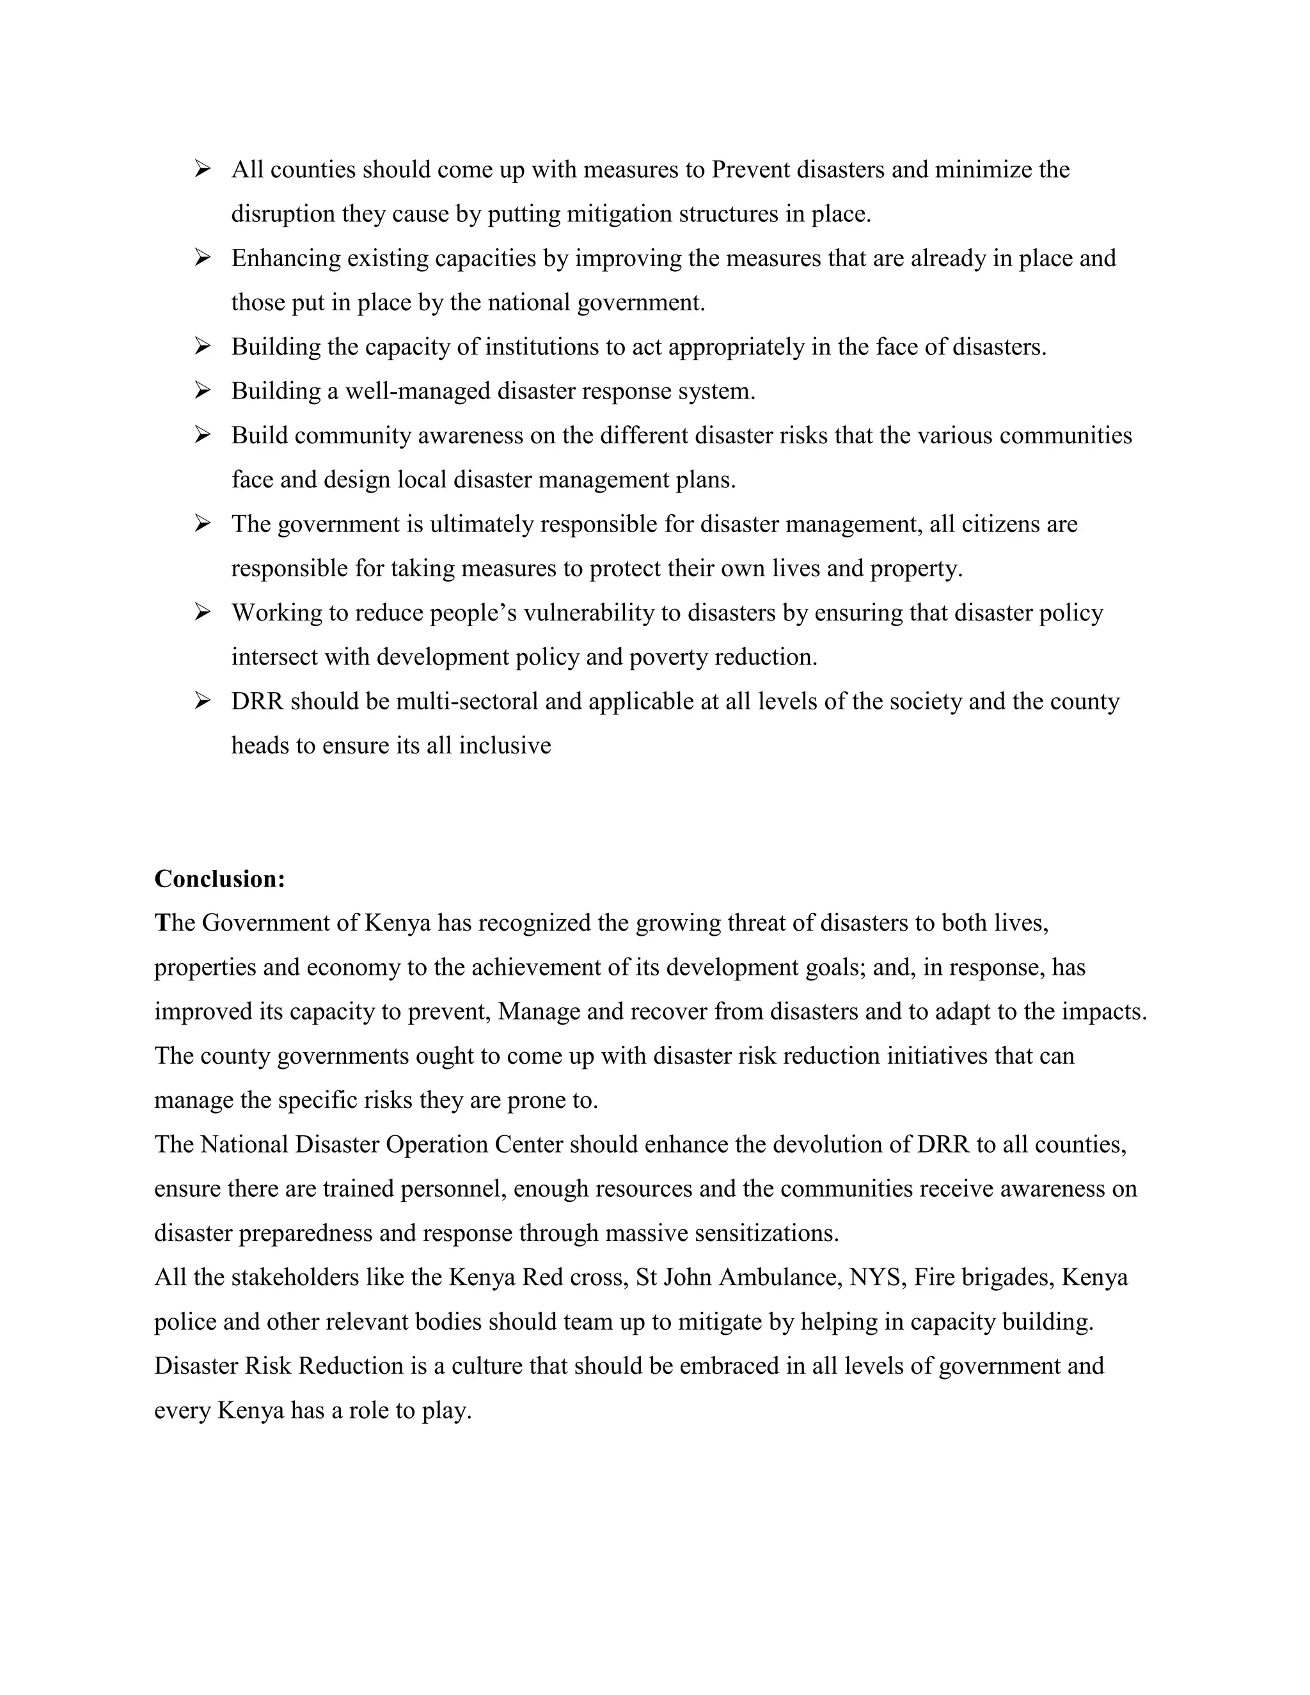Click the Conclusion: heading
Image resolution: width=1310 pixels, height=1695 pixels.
[219, 879]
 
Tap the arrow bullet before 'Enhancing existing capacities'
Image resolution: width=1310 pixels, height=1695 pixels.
[203, 258]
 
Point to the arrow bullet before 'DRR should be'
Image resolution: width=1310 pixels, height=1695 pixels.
[203, 701]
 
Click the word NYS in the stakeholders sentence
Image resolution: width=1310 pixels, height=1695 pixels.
[877, 1277]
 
